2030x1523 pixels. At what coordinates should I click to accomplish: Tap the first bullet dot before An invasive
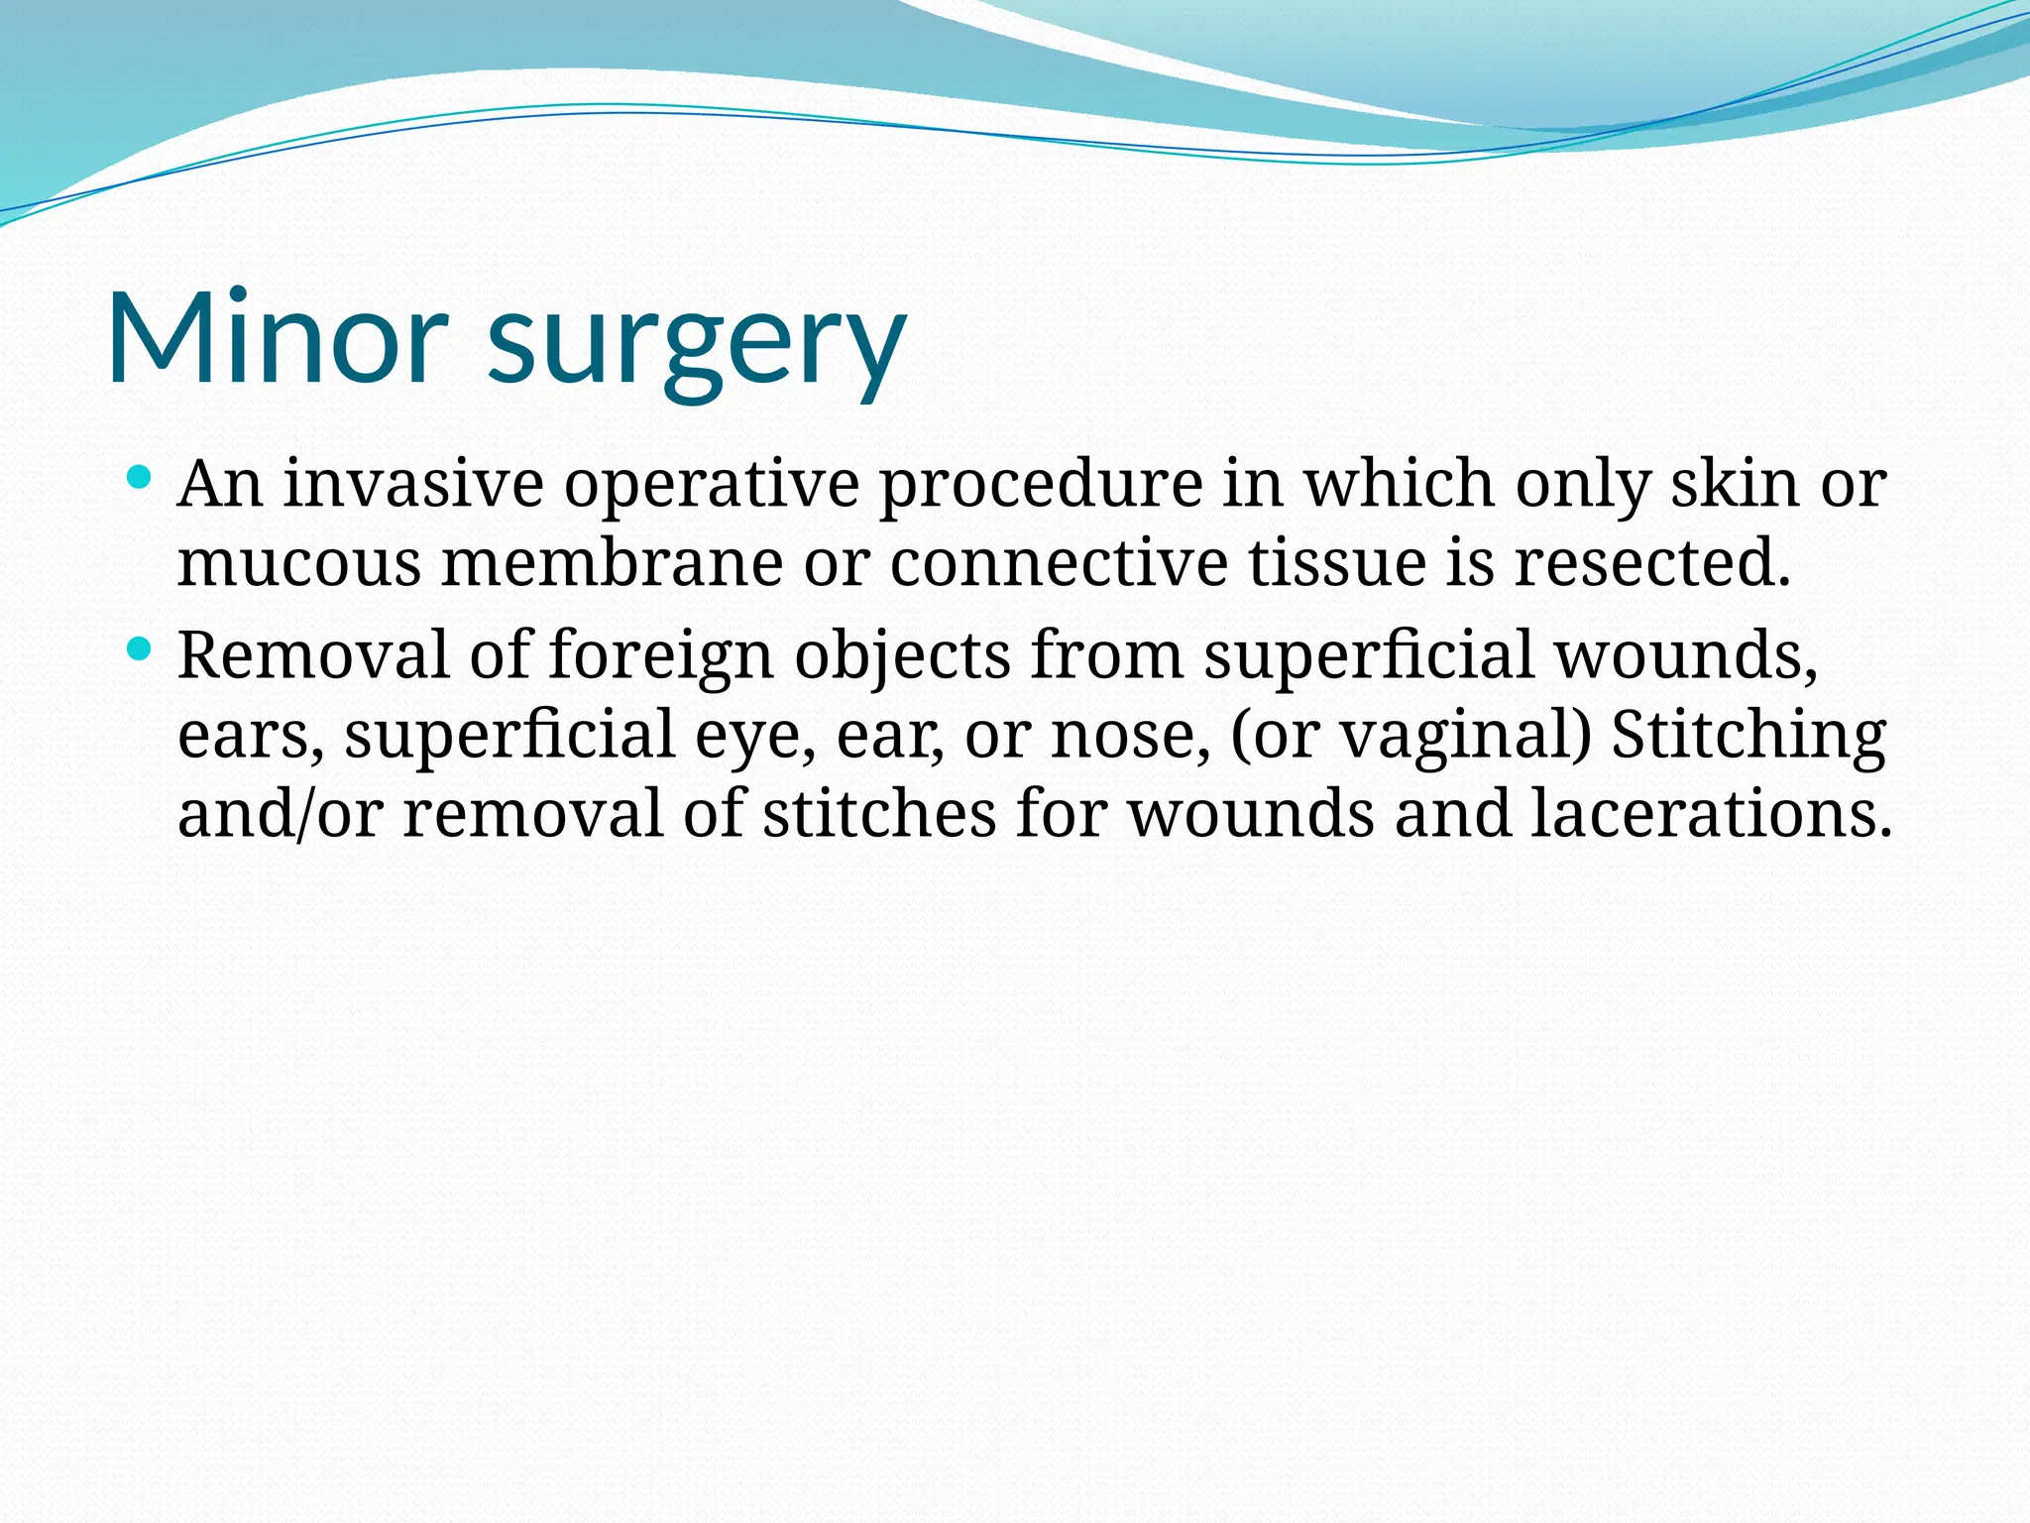(140, 479)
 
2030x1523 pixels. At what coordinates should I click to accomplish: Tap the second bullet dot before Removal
(140, 650)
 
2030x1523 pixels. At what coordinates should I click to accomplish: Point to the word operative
(712, 486)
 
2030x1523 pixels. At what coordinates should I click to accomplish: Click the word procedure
(1041, 486)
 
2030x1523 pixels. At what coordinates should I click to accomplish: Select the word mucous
(299, 563)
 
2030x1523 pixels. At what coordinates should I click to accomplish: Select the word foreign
(661, 656)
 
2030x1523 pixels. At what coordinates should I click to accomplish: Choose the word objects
(902, 656)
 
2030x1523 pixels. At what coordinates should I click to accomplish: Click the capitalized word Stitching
(1748, 737)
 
